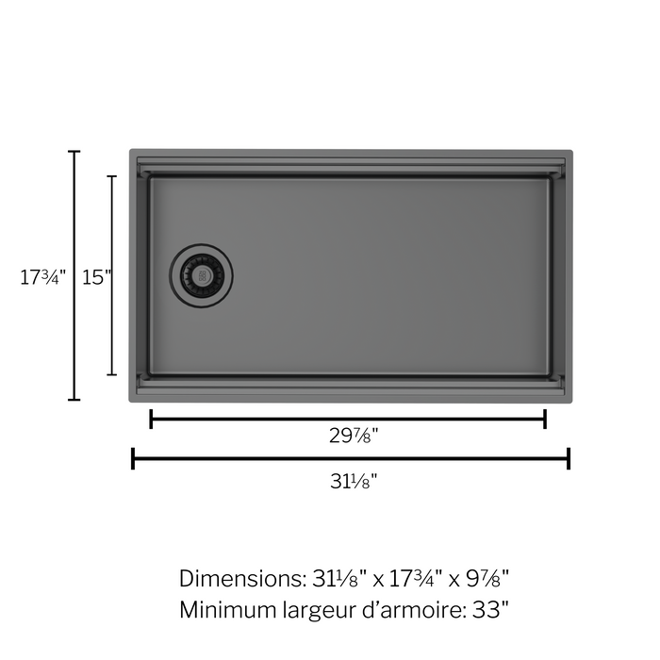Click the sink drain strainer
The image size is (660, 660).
tap(201, 275)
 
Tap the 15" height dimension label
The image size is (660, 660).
tap(96, 277)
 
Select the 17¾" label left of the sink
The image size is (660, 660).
tap(43, 277)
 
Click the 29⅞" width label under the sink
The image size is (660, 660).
tap(354, 436)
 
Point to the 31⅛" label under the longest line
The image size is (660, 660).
tap(354, 481)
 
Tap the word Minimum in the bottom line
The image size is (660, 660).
tap(228, 609)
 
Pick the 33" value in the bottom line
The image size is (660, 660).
tap(490, 609)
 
